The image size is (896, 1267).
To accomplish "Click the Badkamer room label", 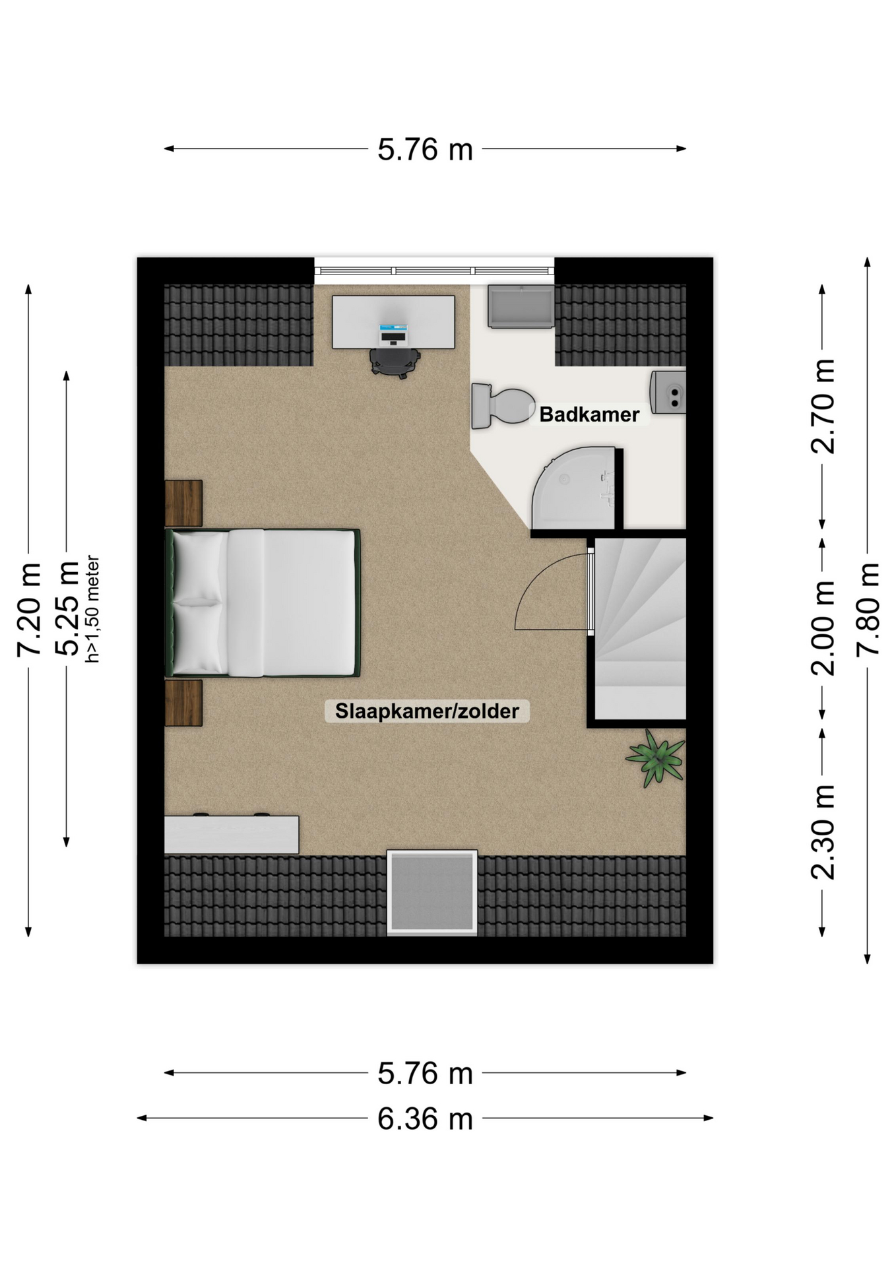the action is click(x=589, y=414).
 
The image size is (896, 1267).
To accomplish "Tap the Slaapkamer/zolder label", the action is click(x=427, y=711).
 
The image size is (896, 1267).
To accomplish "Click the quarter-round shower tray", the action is click(x=573, y=488).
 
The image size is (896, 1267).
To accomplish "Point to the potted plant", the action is click(x=656, y=758).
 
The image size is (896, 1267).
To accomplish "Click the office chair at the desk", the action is click(x=395, y=362).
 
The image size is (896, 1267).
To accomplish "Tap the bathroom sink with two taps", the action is click(x=668, y=393).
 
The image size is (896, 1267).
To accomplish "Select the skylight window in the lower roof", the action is click(x=432, y=892).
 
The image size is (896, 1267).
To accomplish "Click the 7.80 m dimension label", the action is click(x=868, y=609).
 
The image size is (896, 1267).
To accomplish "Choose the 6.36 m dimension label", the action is click(x=426, y=1119).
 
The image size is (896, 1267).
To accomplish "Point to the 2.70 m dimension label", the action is click(x=823, y=406).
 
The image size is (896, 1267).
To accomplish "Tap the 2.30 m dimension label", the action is click(x=823, y=832).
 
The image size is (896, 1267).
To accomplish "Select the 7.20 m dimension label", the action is click(x=29, y=610).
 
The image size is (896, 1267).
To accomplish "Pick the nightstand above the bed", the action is click(x=183, y=503).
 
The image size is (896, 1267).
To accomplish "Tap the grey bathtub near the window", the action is click(x=521, y=306).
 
